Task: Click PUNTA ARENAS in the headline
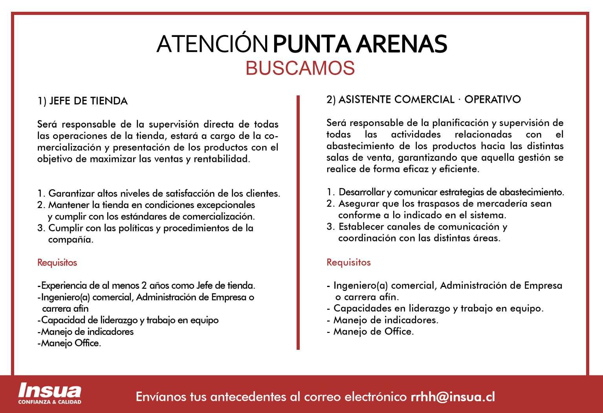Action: pos(359,44)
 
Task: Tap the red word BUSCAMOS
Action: pos(300,68)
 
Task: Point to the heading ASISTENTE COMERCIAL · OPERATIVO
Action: pos(423,100)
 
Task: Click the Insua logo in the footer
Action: pos(50,391)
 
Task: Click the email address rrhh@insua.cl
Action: pos(453,397)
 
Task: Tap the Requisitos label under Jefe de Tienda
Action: pos(57,262)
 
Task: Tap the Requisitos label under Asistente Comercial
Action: pos(348,262)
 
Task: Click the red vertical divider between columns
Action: pos(298,222)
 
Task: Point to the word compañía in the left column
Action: pos(70,239)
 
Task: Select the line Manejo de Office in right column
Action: pos(373,331)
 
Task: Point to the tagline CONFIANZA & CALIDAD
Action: pos(50,402)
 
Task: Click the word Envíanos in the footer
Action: pos(161,397)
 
